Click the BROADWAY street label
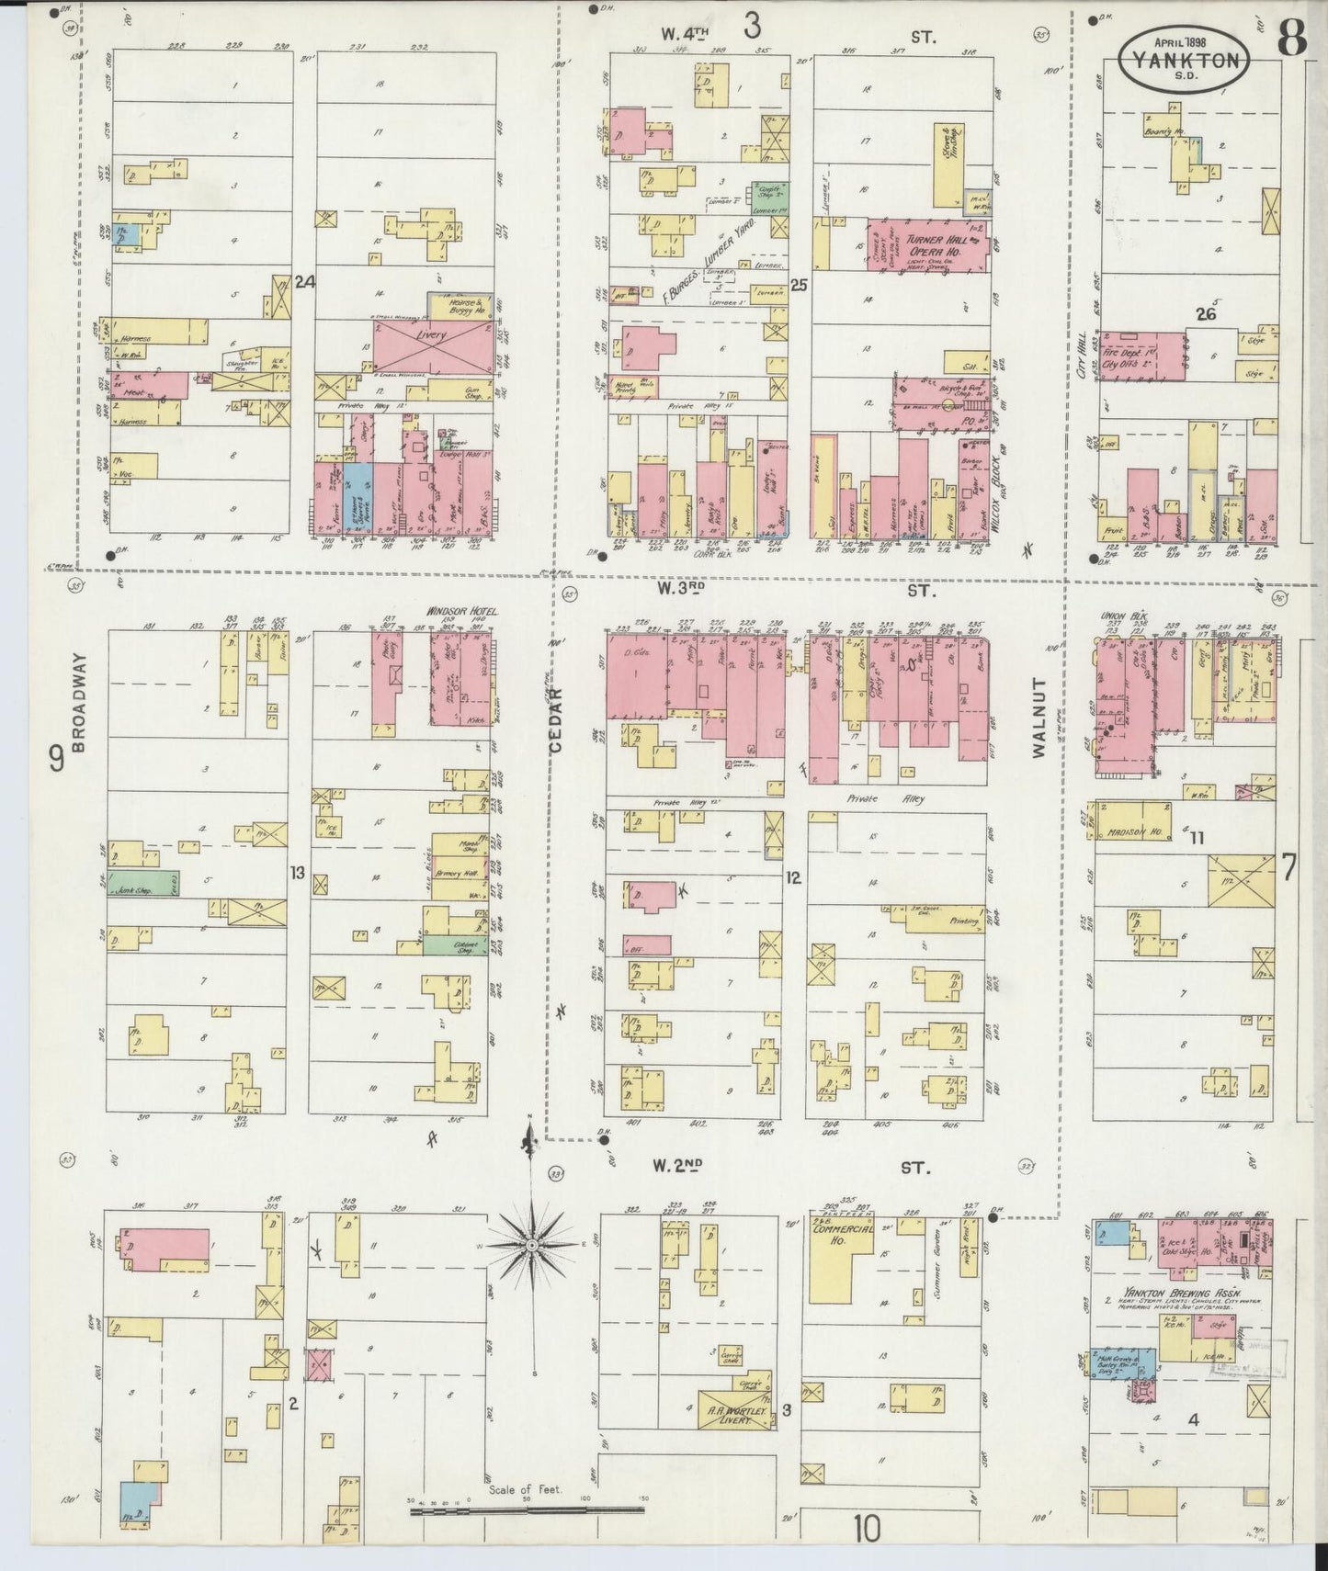pos(80,703)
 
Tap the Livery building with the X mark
pos(431,336)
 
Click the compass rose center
pos(531,1245)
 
